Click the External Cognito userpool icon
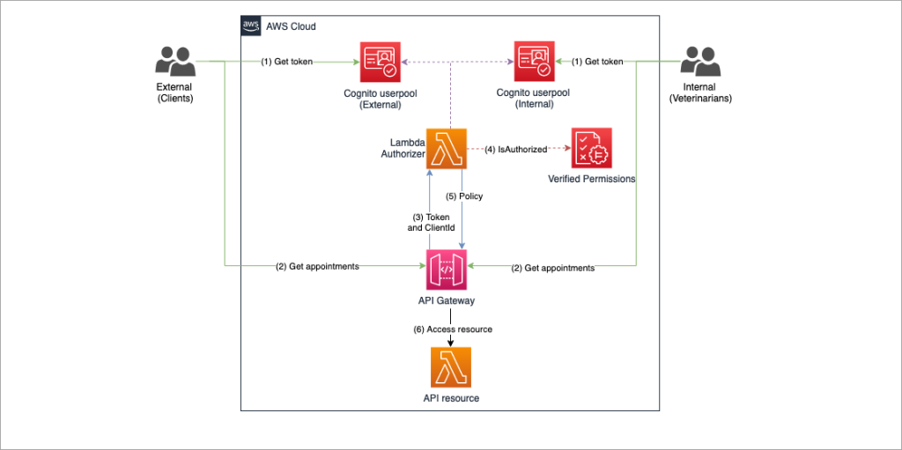[x=380, y=63]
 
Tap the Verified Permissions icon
[x=591, y=148]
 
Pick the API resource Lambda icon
[x=450, y=366]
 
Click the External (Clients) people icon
[x=174, y=63]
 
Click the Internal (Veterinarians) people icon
[x=700, y=63]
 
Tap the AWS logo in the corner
[x=251, y=26]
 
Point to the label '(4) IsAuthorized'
[x=515, y=150]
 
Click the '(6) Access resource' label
[x=453, y=328]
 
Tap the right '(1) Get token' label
[x=598, y=62]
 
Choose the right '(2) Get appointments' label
[x=553, y=268]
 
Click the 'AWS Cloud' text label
[x=291, y=26]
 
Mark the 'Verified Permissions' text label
[x=591, y=179]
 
